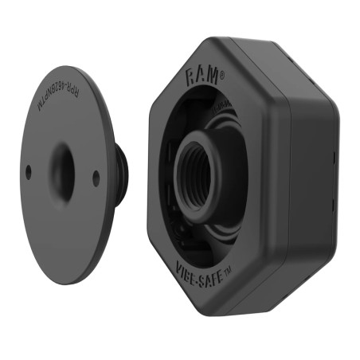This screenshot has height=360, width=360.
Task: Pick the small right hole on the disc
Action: (96, 178)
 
